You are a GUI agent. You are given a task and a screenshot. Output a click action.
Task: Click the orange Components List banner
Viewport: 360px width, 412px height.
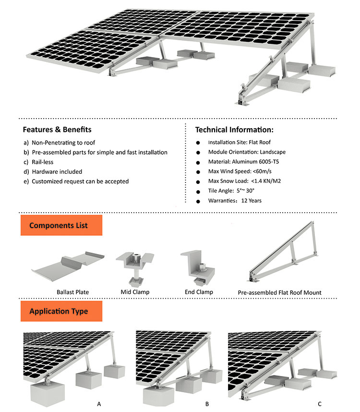pos(61,225)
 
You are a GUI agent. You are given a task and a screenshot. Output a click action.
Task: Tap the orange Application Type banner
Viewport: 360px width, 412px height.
pos(61,311)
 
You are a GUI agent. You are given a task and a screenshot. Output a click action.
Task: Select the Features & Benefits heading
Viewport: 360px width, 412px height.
pos(57,130)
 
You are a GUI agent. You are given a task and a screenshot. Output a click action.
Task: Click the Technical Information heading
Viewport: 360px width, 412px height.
pos(234,130)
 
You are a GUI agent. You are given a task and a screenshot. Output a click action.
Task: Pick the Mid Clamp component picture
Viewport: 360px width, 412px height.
pos(135,267)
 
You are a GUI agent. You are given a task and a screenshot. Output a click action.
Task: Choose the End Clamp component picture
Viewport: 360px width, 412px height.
pos(199,267)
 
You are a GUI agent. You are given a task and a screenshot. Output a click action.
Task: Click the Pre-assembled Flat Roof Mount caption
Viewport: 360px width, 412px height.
pos(279,292)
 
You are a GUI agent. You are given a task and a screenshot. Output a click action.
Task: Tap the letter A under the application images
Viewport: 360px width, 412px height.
pos(99,404)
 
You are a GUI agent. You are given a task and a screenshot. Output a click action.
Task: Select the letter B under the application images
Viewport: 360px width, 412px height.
pos(207,404)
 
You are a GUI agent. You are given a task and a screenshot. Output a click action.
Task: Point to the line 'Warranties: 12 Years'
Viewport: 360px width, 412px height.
pos(235,200)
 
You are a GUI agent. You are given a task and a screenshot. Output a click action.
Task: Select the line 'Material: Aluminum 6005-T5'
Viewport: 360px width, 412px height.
pos(243,162)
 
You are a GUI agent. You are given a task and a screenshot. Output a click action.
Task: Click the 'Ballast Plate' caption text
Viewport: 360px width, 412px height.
pos(72,292)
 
